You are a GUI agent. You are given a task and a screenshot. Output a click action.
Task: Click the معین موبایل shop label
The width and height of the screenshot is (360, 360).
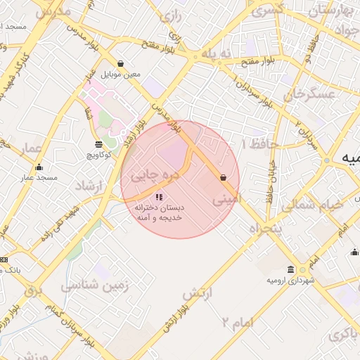click(121, 74)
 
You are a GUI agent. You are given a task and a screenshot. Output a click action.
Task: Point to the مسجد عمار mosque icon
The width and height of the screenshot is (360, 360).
click(39, 167)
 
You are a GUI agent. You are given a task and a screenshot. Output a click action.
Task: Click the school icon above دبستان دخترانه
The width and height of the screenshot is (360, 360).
click(159, 198)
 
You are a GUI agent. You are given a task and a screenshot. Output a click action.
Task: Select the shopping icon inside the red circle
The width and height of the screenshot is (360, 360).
click(223, 178)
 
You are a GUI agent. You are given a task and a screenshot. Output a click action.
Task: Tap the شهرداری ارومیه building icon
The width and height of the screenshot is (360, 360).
click(291, 270)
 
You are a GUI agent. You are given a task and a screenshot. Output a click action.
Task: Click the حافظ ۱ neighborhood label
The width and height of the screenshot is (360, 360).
click(259, 144)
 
